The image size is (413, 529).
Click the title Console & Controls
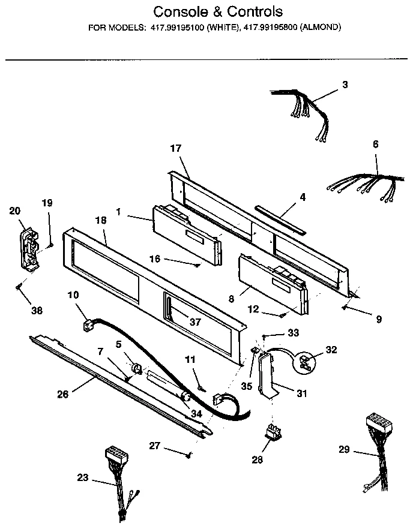click(218, 12)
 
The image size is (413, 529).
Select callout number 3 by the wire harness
click(345, 85)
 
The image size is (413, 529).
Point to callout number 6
click(376, 144)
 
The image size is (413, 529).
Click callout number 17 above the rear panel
click(176, 148)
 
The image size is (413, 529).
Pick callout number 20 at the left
click(15, 210)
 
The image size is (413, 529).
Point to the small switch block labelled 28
click(274, 432)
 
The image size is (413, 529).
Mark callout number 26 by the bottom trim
click(63, 394)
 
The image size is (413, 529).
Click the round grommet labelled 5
click(136, 368)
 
